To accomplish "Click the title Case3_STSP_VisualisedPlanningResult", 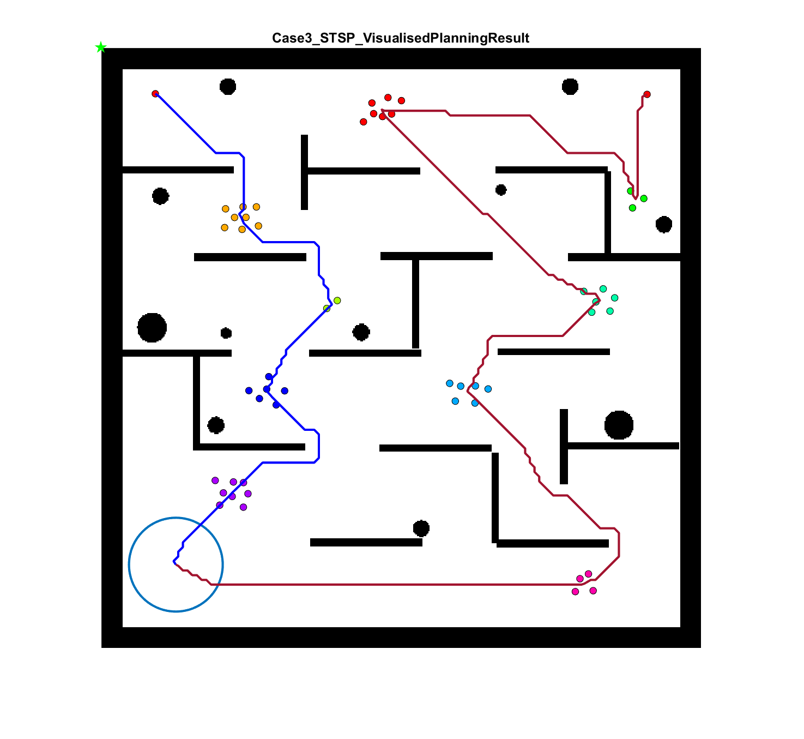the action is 401,38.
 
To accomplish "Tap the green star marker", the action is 100,47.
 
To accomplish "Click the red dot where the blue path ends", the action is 155,94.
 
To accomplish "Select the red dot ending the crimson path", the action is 647,94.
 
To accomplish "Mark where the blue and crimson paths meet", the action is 174,561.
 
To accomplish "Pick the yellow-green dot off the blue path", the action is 337,301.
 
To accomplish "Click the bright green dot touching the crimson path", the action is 631,191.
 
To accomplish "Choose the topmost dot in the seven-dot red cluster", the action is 388,98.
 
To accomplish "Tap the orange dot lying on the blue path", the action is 243,207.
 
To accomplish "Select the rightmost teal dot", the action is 615,298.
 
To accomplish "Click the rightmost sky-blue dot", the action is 488,389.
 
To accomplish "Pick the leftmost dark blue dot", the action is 249,390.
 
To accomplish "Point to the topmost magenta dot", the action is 589,574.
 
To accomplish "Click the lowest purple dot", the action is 244,507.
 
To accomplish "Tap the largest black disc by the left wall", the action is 152,328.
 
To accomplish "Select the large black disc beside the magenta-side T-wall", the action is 619,425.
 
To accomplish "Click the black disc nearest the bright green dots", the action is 664,224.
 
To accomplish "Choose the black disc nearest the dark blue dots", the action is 216,425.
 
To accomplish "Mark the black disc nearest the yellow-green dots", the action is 361,332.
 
